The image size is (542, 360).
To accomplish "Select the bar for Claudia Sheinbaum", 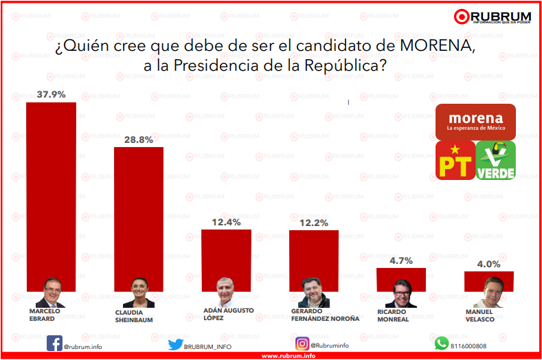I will pos(138,213).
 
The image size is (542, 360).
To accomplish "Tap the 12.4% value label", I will pos(226,222).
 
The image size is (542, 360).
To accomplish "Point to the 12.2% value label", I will pos(314,223).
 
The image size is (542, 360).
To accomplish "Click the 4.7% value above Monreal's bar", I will pos(401,260).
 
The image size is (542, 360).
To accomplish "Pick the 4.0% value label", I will pos(489,264).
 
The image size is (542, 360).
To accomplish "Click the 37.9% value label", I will pos(51,95).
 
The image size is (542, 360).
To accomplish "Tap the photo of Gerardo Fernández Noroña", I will pos(315,293).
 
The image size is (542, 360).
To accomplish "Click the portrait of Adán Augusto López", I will pos(226,293).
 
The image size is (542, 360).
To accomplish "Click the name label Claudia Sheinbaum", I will pos(133,316).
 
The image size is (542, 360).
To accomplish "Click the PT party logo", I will pos(455,161).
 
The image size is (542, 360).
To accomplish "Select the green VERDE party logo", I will pos(496,161).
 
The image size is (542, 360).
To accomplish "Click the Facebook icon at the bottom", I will pos(54,344).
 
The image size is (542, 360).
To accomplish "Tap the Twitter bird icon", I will pos(175,345).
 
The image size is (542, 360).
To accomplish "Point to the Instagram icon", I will pos(302,344).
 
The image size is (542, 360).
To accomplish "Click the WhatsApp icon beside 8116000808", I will pos(441,344).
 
